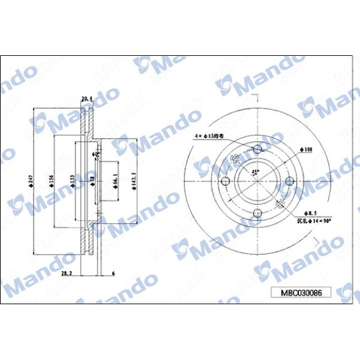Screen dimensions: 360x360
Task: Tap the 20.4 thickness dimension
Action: (x=87, y=98)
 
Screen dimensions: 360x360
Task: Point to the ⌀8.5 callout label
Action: (x=310, y=213)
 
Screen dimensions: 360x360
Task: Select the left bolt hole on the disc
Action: (x=226, y=181)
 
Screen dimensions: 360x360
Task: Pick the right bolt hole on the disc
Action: (x=289, y=181)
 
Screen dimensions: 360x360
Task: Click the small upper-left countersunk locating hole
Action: (x=235, y=159)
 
